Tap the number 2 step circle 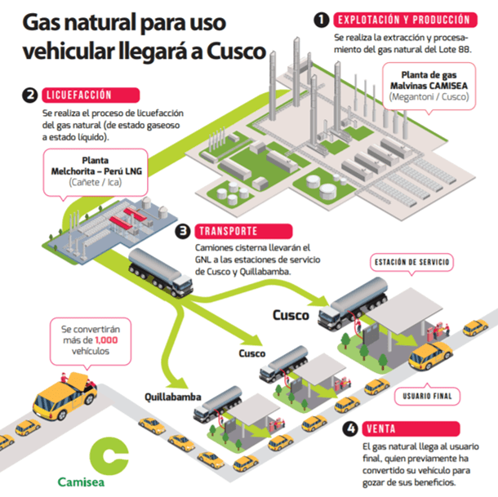point(29,95)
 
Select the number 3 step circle point(184,230)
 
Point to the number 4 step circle point(349,428)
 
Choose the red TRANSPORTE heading point(232,230)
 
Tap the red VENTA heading point(382,428)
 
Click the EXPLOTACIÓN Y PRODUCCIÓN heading point(403,19)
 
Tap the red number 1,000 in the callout point(106,339)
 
